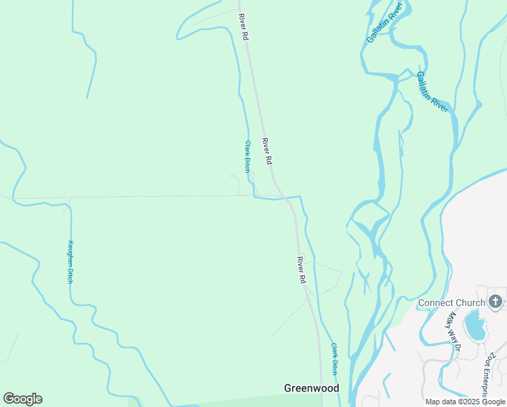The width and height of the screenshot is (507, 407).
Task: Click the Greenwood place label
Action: pyautogui.click(x=311, y=388)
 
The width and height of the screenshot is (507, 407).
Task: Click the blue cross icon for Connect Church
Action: pyautogui.click(x=495, y=301)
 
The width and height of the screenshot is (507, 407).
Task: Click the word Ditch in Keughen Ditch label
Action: pyautogui.click(x=70, y=275)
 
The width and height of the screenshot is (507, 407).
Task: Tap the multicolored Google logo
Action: pyautogui.click(x=22, y=399)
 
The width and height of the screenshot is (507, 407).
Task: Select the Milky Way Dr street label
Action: pyautogui.click(x=453, y=330)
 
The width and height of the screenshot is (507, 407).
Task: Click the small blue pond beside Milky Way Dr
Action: pyautogui.click(x=474, y=326)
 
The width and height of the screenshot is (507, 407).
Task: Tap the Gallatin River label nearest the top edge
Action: pyautogui.click(x=385, y=22)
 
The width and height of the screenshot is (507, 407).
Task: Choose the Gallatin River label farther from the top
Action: pyautogui.click(x=433, y=92)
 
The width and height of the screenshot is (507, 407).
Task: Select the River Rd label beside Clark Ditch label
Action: pyautogui.click(x=267, y=151)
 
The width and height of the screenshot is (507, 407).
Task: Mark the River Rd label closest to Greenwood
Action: pyautogui.click(x=302, y=270)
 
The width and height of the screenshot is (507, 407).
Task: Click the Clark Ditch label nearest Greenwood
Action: pyautogui.click(x=333, y=359)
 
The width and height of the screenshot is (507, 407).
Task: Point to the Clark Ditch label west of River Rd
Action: pyautogui.click(x=248, y=157)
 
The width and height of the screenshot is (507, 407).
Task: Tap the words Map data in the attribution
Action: pyautogui.click(x=441, y=402)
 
